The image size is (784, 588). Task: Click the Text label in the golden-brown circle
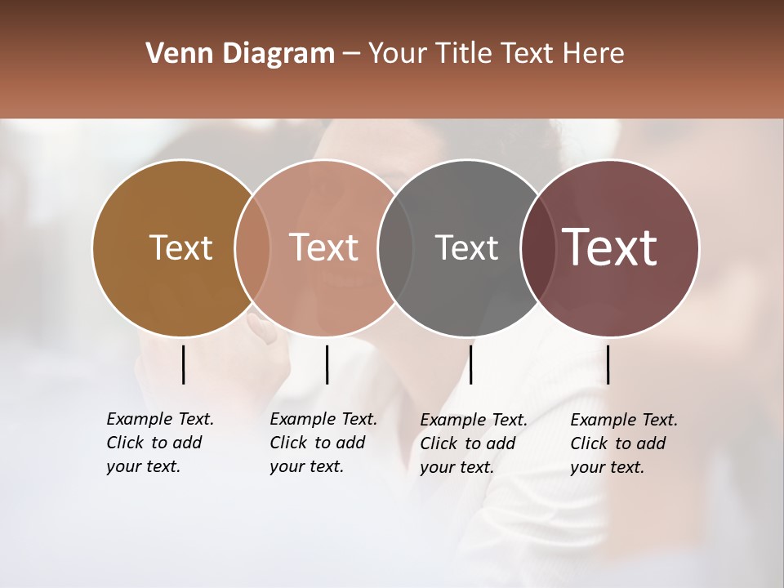pos(180,248)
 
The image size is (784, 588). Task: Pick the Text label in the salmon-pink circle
pos(324,248)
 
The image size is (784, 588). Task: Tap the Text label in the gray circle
pos(466,248)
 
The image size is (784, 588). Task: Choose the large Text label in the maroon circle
pos(610,247)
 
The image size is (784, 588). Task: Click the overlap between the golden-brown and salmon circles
pos(252,248)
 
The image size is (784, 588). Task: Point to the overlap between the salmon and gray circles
pos(395,248)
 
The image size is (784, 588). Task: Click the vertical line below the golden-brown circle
pos(183,364)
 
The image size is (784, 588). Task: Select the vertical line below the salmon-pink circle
pos(327,364)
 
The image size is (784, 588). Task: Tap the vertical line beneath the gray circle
pos(470,364)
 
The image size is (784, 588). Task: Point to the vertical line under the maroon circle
pos(608,364)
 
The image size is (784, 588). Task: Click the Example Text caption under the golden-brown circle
pos(160,443)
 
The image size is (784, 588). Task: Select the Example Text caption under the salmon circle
pos(323,443)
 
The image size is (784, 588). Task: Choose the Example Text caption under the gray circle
pos(474,443)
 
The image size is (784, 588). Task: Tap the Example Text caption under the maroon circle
pos(624,443)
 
